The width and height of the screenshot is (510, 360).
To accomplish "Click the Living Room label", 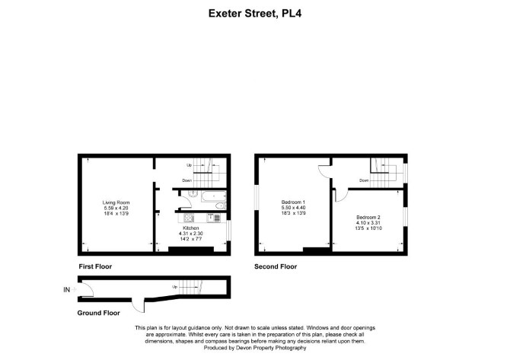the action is tap(116, 202).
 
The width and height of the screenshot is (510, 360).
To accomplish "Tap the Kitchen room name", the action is tap(191, 228).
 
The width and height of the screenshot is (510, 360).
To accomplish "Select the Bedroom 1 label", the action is tap(293, 202).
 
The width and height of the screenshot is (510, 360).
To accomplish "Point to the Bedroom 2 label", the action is tap(368, 217).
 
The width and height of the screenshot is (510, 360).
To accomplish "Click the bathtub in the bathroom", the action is tap(214, 196).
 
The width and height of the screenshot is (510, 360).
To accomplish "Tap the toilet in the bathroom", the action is tap(221, 205).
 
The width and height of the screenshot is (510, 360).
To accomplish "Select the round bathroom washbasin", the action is tap(193, 193).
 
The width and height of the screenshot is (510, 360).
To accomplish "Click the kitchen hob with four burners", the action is tap(189, 218).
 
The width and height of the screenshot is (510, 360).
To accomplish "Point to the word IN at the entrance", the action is tap(66, 289).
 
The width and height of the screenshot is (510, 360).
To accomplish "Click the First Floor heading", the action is tap(95, 266).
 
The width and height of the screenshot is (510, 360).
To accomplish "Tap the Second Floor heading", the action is tap(276, 266).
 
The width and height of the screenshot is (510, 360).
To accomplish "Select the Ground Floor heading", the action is tap(98, 313).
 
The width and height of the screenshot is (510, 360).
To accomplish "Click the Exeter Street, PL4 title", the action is tap(255, 14).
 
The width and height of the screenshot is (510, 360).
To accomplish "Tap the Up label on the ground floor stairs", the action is tap(175, 287).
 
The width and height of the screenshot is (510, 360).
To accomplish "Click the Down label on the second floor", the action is tap(364, 180).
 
